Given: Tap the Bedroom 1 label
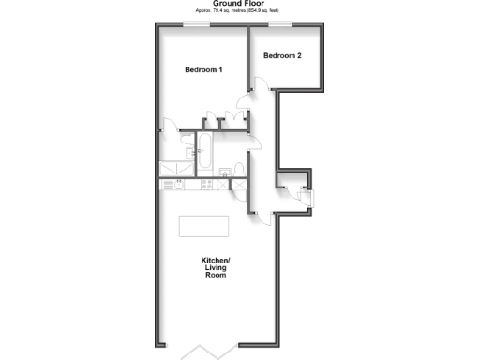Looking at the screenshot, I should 203,71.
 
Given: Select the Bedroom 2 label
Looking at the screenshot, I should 282,56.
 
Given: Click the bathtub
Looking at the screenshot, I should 204,150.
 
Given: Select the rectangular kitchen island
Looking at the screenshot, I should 204,227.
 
